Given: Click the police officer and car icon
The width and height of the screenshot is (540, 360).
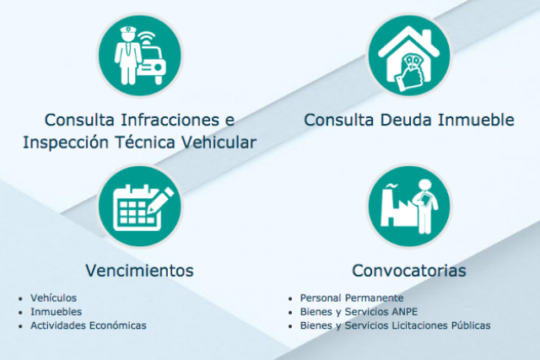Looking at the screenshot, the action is coord(139,56).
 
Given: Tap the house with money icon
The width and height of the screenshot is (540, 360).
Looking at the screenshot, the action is coord(409,56).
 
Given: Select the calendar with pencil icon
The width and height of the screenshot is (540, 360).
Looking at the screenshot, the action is coord(139,207).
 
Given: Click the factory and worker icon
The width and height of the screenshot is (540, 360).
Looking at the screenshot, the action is coord(409,207).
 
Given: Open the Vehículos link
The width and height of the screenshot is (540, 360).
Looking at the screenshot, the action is coord(53,298).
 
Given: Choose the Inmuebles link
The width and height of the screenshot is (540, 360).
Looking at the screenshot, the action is coord(57,311).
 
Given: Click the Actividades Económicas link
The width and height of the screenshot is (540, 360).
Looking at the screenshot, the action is coord(88,325).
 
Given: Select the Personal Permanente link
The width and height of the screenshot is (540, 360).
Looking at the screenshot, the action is coord(352,298).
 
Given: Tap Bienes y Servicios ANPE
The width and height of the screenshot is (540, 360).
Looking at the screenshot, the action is coord(359,311).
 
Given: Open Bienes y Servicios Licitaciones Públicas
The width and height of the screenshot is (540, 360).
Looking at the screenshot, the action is coord(395,325).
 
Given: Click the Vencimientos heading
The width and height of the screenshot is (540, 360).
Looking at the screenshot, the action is coord(139,271).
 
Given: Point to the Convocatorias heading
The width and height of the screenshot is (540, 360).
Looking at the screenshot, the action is coord(408,271).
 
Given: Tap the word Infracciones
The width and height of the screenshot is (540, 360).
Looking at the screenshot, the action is coord(170,120).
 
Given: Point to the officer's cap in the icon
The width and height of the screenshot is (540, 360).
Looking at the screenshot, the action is coord(127,32).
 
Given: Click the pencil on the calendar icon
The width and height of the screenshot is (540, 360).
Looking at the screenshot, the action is coord(161,200).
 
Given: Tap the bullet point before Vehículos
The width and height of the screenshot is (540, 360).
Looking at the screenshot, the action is coord(20,298).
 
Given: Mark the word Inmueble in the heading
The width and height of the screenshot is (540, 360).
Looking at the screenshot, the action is coord(476,120).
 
